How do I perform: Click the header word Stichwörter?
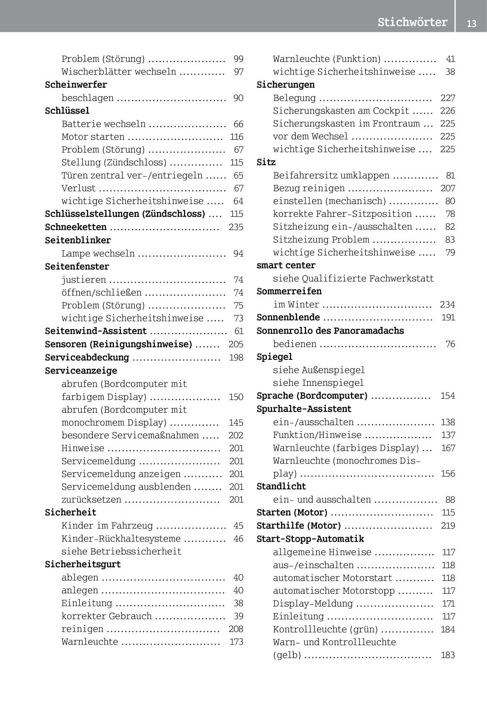coord(412,22)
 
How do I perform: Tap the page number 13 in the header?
coord(471,23)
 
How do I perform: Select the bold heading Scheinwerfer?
coord(76,85)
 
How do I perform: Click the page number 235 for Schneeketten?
coord(236,227)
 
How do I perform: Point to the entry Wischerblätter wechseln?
coord(119,72)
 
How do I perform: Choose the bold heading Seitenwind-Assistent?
coord(96,331)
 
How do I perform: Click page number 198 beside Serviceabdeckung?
coord(236,357)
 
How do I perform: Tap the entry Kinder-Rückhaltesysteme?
coord(121,539)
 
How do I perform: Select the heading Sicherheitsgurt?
coord(83,564)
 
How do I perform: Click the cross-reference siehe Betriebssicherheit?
coord(122,551)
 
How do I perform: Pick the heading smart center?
coord(286,265)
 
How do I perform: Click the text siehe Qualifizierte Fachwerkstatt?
coord(353,278)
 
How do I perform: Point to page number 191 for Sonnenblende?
coord(448,317)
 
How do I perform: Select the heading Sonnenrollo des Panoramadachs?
coord(330,331)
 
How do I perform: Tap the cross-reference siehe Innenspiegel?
coord(318,383)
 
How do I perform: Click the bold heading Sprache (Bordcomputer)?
coord(312,396)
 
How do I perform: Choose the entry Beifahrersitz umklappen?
coord(331,175)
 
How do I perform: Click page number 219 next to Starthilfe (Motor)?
coord(448,525)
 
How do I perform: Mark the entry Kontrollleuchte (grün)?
coord(325,629)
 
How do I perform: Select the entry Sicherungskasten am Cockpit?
coord(341,111)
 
